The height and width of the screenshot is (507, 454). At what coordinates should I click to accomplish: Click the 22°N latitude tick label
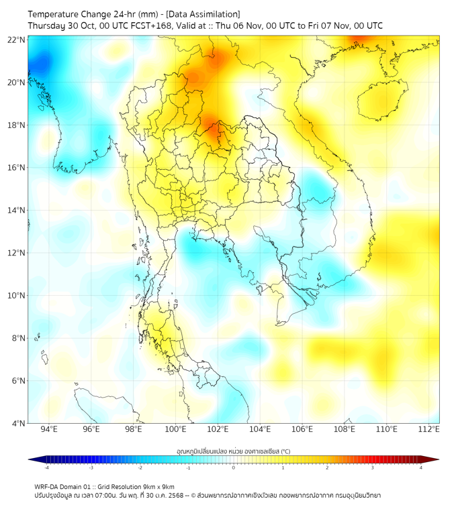coord(17,40)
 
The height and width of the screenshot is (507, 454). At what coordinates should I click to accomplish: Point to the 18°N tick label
coord(17,125)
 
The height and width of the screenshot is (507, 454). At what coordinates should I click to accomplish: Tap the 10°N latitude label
coord(17,296)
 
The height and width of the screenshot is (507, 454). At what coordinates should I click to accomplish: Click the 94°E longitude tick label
coord(49,429)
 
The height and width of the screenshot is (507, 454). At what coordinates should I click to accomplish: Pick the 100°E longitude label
coord(175,429)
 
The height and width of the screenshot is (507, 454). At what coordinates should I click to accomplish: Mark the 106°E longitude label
coord(302,429)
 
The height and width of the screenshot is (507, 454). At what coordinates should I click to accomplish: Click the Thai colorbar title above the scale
coord(233,451)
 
